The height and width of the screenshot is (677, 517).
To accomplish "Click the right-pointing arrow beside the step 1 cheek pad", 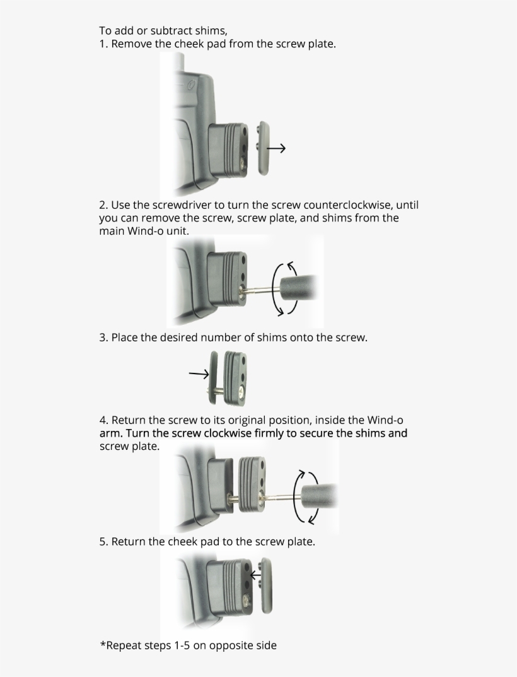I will point(276,148).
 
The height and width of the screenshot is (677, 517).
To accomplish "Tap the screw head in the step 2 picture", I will point(242,290).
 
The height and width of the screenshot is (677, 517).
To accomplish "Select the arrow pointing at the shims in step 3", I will point(199,374).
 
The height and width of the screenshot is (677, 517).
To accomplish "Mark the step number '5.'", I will point(103,542).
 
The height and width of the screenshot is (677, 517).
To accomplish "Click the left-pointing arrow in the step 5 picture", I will point(256,575).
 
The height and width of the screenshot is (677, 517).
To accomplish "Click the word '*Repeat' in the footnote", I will point(120,645).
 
